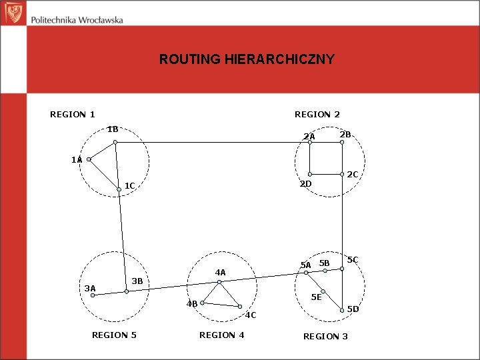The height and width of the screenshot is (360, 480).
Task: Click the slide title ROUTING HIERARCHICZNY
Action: click(247, 59)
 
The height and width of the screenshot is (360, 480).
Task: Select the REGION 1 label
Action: click(73, 115)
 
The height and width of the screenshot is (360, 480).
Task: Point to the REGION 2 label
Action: click(317, 115)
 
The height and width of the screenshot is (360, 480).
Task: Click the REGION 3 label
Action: click(325, 336)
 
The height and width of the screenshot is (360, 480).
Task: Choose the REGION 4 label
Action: click(221, 335)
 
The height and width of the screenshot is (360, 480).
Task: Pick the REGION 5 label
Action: click(114, 335)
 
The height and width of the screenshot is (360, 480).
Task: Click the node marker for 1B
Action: click(115, 142)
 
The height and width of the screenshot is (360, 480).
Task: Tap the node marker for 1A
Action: click(89, 160)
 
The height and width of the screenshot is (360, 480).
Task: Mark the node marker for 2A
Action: click(309, 142)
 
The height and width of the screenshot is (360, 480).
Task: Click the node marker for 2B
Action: click(342, 142)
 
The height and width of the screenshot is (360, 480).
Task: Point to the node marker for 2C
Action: click(342, 175)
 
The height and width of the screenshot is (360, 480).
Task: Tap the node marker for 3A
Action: click(93, 295)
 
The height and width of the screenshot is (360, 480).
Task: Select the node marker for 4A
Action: click(219, 282)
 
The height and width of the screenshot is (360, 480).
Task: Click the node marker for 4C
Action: click(239, 307)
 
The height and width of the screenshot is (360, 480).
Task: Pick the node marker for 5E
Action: click(323, 291)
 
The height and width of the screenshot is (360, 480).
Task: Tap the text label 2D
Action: click(306, 184)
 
